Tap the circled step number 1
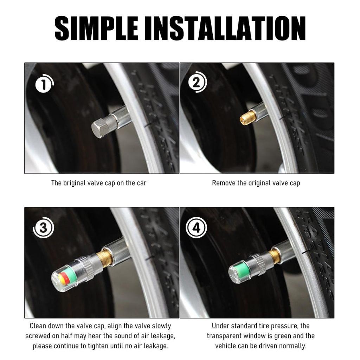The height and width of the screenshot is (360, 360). click(x=43, y=85)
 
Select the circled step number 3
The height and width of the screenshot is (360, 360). click(x=43, y=228)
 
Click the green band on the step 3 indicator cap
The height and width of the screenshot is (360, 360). click(x=69, y=272)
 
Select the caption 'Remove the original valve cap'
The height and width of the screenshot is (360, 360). click(x=256, y=183)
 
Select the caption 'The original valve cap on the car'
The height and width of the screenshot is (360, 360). click(x=99, y=183)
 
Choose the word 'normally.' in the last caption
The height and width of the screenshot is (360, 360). click(x=294, y=346)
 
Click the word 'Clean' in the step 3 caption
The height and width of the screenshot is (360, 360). click(x=38, y=326)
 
